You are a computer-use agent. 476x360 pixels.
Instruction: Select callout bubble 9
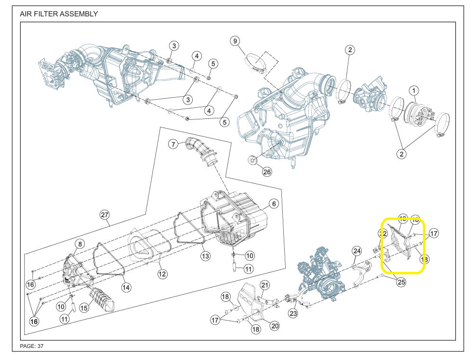(235, 41)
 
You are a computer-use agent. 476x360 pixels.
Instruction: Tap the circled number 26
(267, 171)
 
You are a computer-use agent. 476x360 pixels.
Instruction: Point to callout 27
(105, 215)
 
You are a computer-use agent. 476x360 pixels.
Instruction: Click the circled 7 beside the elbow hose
(173, 144)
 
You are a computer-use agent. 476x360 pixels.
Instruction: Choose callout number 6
(273, 204)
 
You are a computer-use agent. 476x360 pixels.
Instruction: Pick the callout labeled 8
(80, 244)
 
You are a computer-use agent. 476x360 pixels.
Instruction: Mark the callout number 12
(162, 274)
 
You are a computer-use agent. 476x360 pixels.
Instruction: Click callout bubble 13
(206, 256)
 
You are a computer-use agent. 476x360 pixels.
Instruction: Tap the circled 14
(126, 287)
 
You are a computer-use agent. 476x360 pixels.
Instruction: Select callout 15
(84, 308)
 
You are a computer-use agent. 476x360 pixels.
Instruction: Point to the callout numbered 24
(357, 251)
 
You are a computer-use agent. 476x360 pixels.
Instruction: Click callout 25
(401, 283)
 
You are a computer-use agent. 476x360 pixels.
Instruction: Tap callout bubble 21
(264, 285)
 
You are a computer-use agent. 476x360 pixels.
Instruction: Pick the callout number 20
(274, 326)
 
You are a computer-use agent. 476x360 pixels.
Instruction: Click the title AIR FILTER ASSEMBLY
(59, 14)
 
